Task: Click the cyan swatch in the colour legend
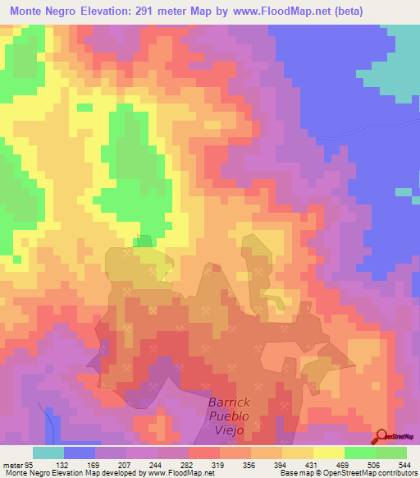pyautogui.click(x=48, y=453)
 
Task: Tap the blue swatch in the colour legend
pyautogui.click(x=80, y=453)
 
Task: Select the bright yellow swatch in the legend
pyautogui.click(x=329, y=453)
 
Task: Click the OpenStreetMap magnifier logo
pyautogui.click(x=381, y=437)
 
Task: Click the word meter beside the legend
pyautogui.click(x=11, y=464)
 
